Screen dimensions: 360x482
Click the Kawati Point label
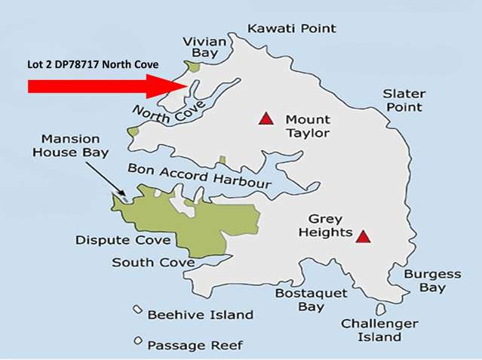pyautogui.click(x=292, y=29)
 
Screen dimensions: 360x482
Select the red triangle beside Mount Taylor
pyautogui.click(x=265, y=118)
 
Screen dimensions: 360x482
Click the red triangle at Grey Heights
pyautogui.click(x=364, y=236)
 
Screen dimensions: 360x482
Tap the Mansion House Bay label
pyautogui.click(x=75, y=146)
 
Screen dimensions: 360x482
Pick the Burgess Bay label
pyautogui.click(x=431, y=281)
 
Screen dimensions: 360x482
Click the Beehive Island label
pyautogui.click(x=200, y=314)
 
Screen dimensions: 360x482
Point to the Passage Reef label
pyautogui.click(x=195, y=345)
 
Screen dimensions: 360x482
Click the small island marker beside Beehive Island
pyautogui.click(x=137, y=310)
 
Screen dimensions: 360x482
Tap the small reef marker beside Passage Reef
pyautogui.click(x=137, y=341)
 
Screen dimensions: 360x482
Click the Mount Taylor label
pyautogui.click(x=307, y=126)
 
